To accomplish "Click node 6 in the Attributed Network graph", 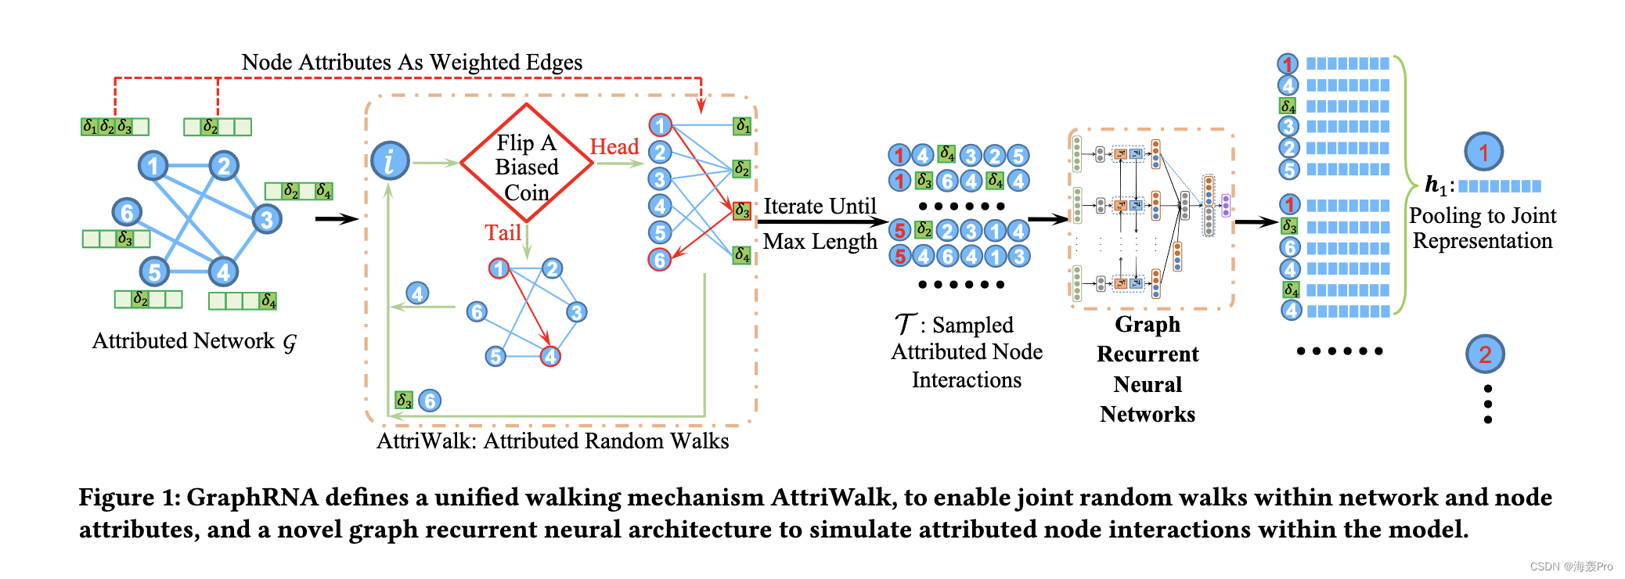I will point(127,212).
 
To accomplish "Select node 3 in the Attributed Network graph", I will point(267,219).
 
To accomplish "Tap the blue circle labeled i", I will point(390,161).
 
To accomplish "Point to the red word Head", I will point(614,147).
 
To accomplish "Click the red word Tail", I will point(503,233).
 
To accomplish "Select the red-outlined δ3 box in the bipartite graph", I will point(742,210).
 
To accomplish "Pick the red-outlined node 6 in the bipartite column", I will point(660,260).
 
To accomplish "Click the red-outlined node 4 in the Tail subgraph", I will point(550,357).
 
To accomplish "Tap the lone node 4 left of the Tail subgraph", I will point(417,293).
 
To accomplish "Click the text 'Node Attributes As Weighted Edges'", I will point(412,63).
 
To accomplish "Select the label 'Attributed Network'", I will point(183,341).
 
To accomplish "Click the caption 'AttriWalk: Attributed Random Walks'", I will point(553,441).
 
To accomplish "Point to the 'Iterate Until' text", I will point(820,207).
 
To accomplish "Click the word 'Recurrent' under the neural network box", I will point(1148,354).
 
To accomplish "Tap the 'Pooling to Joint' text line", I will point(1482,216).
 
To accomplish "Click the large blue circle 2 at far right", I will point(1485,354).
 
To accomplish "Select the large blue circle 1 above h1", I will point(1483,152).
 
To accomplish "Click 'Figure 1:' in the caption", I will point(130,498).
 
